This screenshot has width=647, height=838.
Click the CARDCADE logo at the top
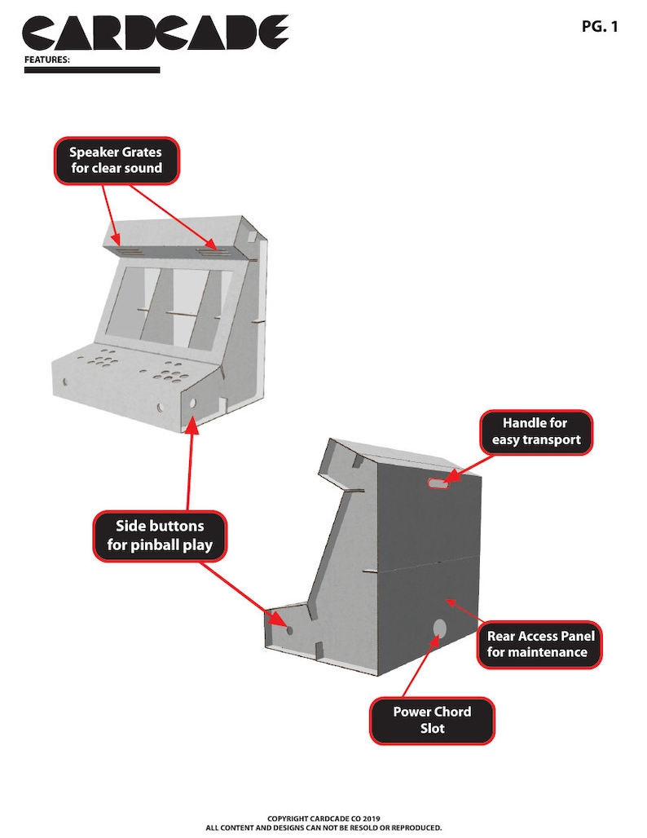[x=155, y=33]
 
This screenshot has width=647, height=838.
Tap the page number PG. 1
[x=600, y=26]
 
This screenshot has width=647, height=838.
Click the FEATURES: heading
[x=47, y=60]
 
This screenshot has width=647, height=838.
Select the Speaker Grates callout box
[x=117, y=161]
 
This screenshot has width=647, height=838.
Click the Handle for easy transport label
[x=536, y=432]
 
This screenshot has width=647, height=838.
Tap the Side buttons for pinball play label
[x=160, y=536]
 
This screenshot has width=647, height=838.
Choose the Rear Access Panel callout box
[x=540, y=644]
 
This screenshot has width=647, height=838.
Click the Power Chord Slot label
[x=432, y=721]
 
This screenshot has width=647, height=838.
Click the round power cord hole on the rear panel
[x=439, y=628]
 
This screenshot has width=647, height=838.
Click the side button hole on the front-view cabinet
[x=192, y=403]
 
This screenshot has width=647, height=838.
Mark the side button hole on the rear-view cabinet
[x=289, y=630]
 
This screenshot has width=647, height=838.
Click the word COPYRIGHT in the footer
[x=288, y=818]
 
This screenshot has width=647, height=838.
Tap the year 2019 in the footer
[x=372, y=818]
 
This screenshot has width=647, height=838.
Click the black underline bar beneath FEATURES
[x=92, y=70]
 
